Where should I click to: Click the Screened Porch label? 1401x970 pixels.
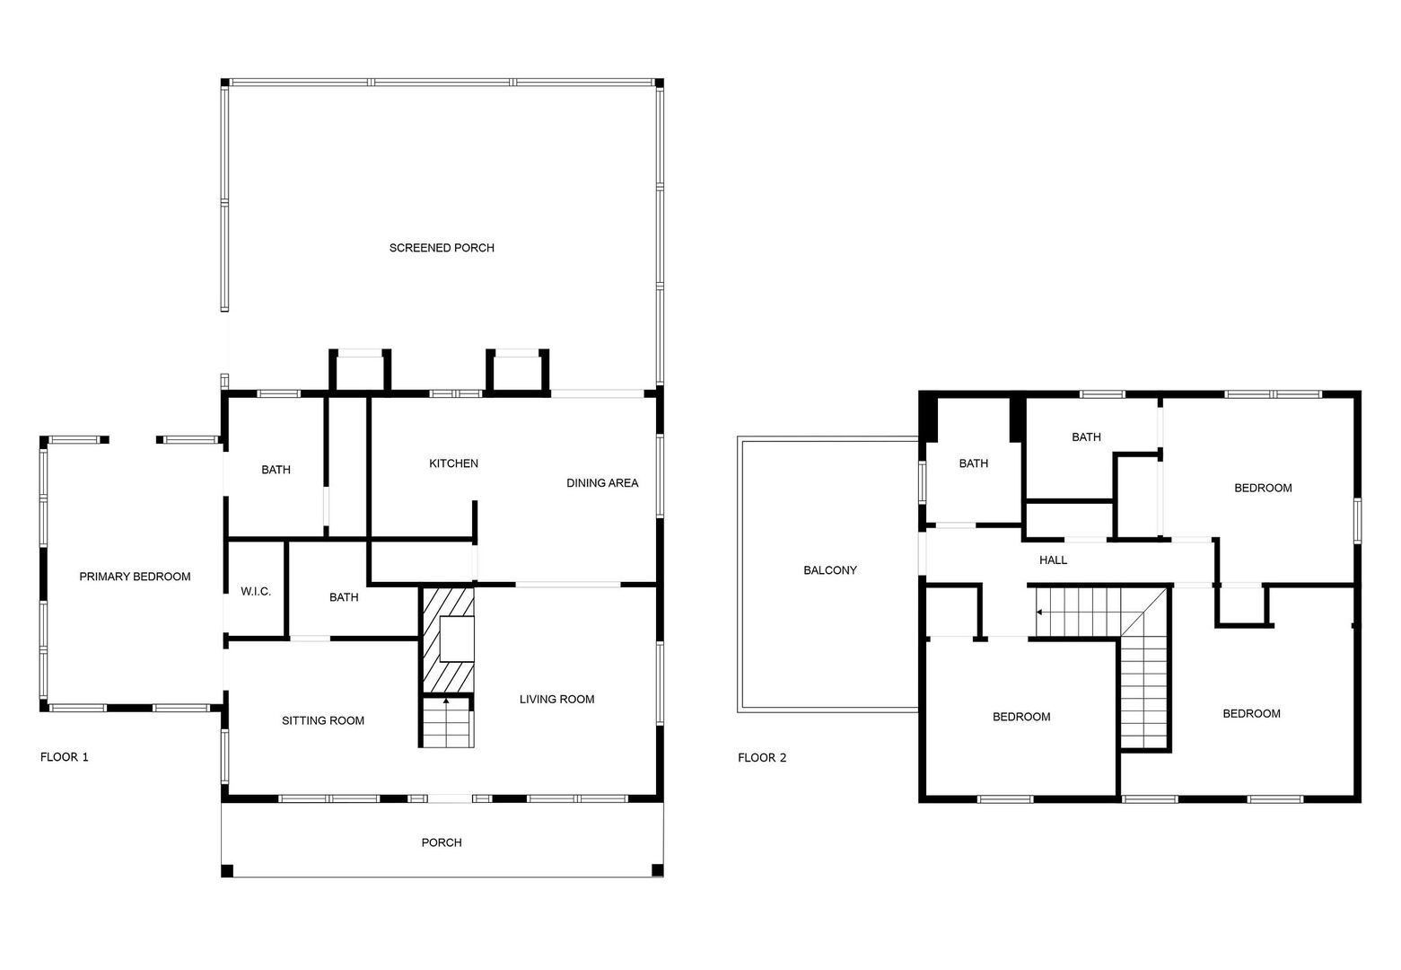pyautogui.click(x=442, y=248)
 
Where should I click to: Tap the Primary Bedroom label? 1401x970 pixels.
pyautogui.click(x=136, y=577)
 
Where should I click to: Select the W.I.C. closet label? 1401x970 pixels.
pyautogui.click(x=256, y=591)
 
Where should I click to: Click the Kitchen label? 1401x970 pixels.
pyautogui.click(x=453, y=463)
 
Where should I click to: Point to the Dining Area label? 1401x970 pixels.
pyautogui.click(x=602, y=482)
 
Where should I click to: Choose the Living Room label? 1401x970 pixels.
pyautogui.click(x=556, y=699)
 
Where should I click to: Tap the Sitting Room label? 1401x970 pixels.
pyautogui.click(x=323, y=720)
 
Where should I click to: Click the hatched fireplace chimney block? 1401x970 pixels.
pyautogui.click(x=449, y=639)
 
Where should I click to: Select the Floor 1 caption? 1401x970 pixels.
pyautogui.click(x=65, y=756)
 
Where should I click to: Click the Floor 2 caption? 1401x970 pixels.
pyautogui.click(x=762, y=757)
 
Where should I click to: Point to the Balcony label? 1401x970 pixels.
pyautogui.click(x=830, y=570)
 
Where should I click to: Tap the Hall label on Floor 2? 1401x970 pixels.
pyautogui.click(x=1054, y=560)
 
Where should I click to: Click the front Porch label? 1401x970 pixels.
pyautogui.click(x=442, y=842)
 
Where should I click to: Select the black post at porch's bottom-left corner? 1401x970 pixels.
pyautogui.click(x=227, y=870)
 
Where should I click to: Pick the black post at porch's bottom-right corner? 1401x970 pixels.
pyautogui.click(x=657, y=870)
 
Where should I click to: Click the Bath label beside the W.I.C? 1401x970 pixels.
pyautogui.click(x=344, y=597)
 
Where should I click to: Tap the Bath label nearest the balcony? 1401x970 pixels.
pyautogui.click(x=974, y=463)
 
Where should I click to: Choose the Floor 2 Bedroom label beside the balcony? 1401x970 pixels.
pyautogui.click(x=1021, y=717)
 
